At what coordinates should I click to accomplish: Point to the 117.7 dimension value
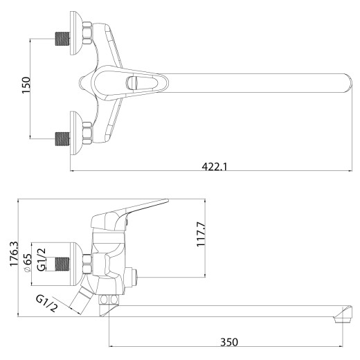[202, 234]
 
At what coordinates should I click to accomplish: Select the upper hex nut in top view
[87, 35]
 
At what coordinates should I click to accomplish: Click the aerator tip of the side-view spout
[339, 317]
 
